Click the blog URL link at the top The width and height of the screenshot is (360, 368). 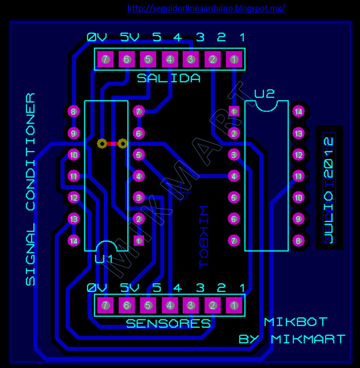pos(206,8)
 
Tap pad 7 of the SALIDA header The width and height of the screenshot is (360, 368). pos(105,59)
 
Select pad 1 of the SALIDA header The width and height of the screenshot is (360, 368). pos(234,59)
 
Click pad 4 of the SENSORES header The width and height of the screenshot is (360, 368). pos(169,305)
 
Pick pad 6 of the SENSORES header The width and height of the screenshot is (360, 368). pos(127,305)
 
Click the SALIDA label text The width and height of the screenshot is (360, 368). pos(168,78)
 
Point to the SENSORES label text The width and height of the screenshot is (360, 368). pos(168,324)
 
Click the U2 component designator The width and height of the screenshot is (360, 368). pos(264,94)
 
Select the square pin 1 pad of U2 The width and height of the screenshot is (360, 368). pos(234,111)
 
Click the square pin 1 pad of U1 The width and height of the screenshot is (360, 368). pos(139,241)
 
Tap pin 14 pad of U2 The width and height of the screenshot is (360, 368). pos(298,112)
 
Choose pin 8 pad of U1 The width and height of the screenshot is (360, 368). pos(74,111)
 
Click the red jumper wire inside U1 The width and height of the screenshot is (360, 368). pos(112,144)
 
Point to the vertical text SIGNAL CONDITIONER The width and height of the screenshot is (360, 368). pos(30,189)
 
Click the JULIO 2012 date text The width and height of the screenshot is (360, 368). pos(328,190)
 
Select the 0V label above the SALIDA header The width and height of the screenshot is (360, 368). pos(97,37)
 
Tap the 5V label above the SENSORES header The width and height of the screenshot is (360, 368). pos(130,288)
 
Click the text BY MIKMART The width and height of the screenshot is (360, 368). pos(291,339)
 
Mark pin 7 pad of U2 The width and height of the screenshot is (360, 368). pos(234,241)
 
